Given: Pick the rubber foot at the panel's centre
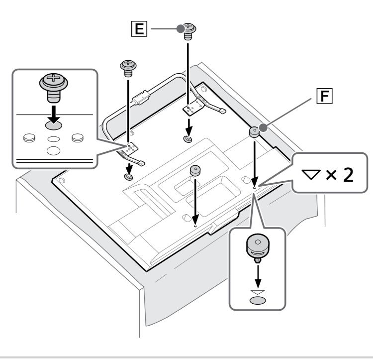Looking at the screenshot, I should pyautogui.click(x=194, y=170).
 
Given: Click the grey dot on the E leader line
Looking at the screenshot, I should pyautogui.click(x=181, y=29).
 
